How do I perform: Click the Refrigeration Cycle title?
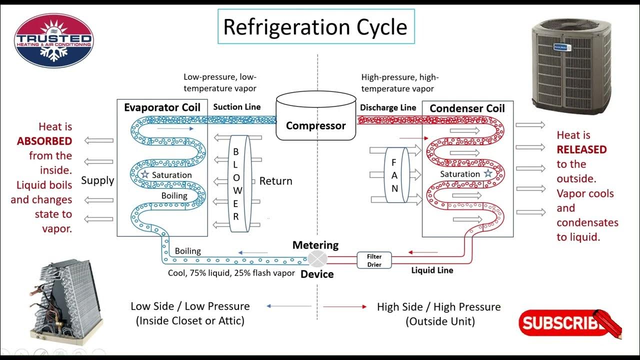[315, 26]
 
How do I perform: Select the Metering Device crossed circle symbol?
[317, 259]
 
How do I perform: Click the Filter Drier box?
[374, 259]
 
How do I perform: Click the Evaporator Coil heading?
[162, 107]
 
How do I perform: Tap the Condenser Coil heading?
[467, 108]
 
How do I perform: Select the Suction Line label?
[236, 107]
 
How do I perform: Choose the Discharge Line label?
[388, 107]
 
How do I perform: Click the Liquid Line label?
[432, 270]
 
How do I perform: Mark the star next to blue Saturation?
[144, 174]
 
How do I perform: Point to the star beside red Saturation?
[487, 173]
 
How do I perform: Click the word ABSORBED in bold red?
[44, 141]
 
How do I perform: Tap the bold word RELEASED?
[581, 149]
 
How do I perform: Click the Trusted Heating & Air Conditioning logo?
[53, 40]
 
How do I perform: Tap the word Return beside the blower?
[275, 181]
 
